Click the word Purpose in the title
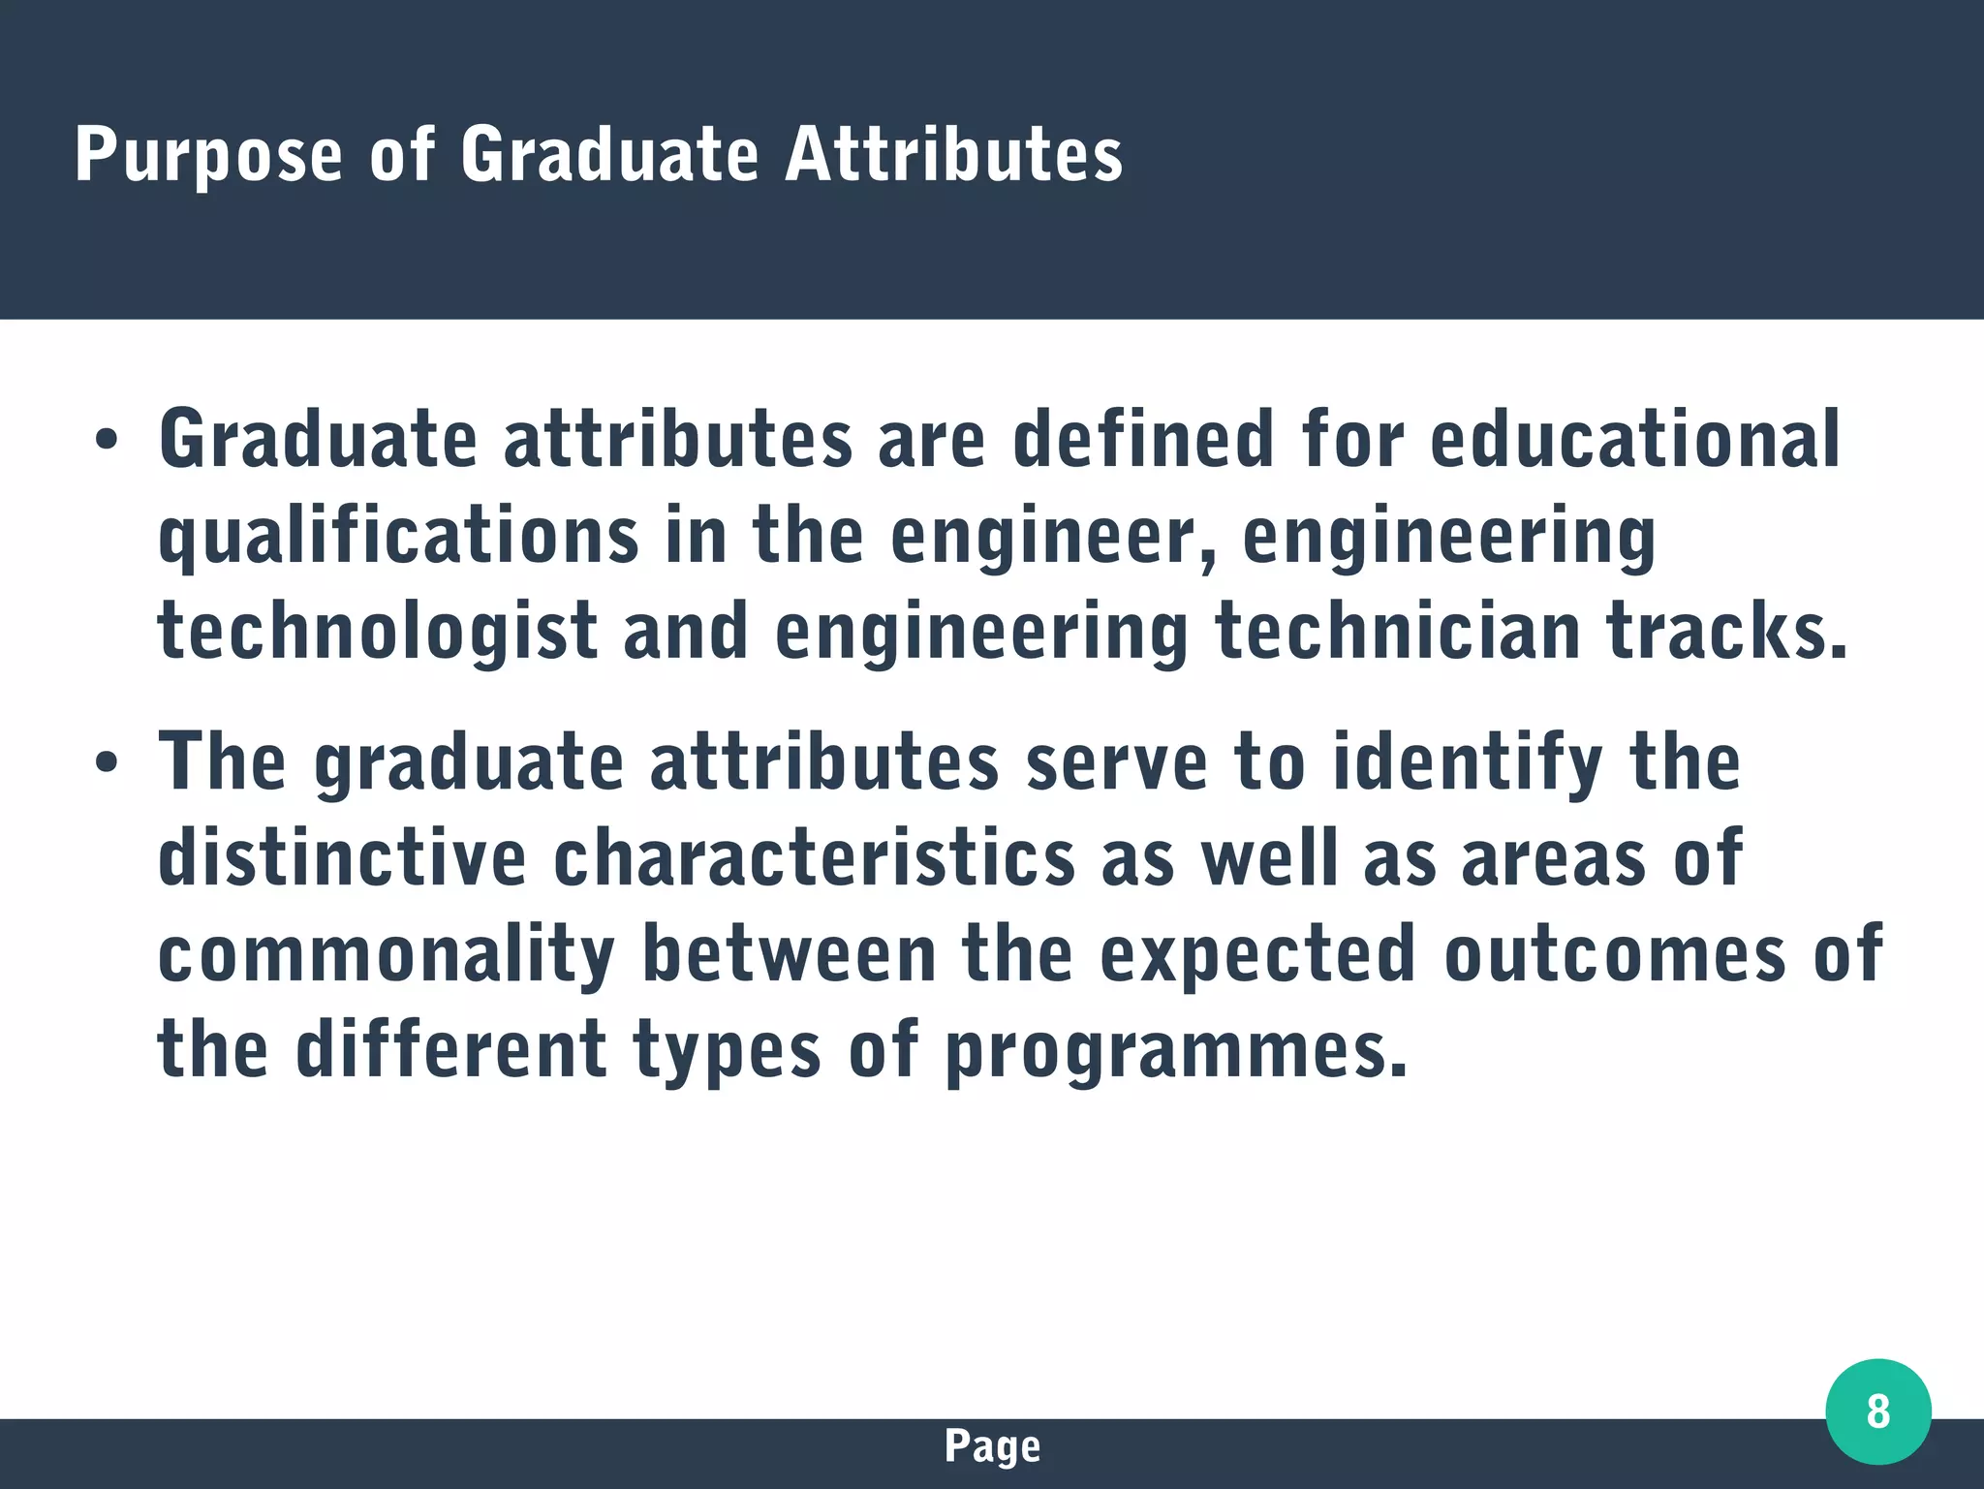tap(208, 155)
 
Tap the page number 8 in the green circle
tap(1877, 1411)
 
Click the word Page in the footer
tap(992, 1446)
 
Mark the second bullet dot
tap(106, 762)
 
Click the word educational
tap(1634, 438)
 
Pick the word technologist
tap(378, 632)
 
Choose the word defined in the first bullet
tap(1143, 438)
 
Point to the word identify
tap(1469, 763)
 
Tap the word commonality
tap(387, 955)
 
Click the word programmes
tap(1175, 1051)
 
